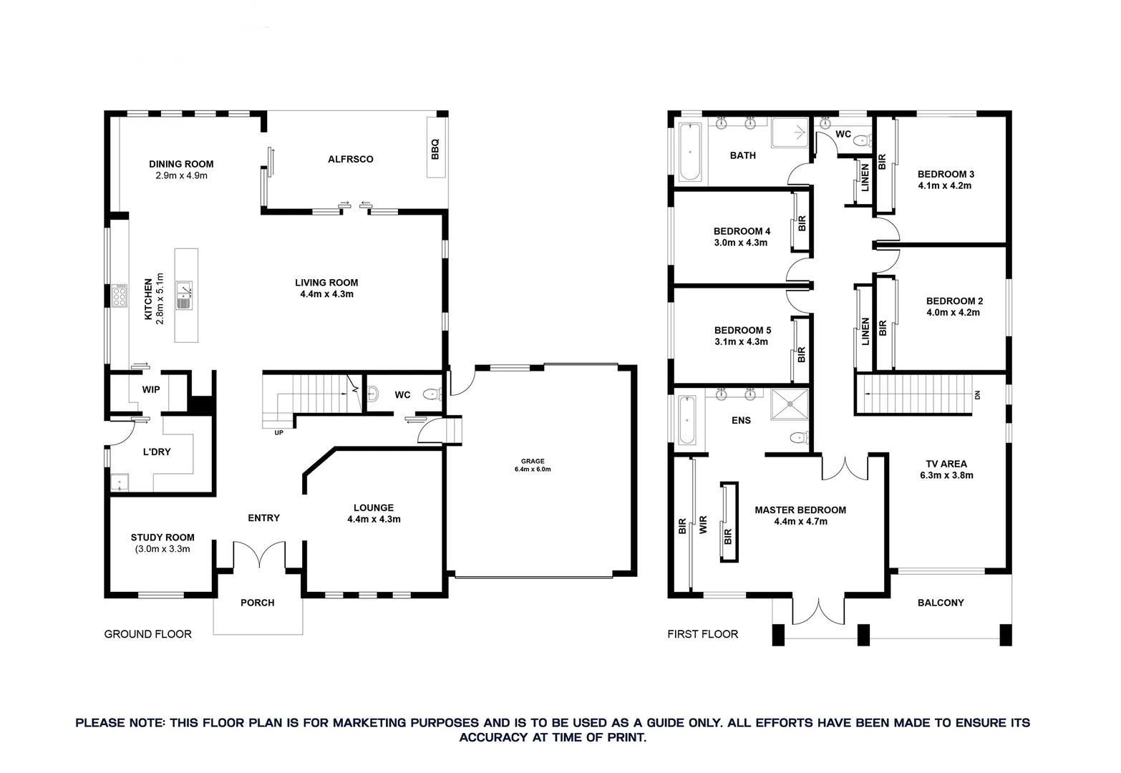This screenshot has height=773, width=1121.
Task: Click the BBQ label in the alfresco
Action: [x=435, y=149]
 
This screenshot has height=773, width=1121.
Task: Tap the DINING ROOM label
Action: [x=181, y=164]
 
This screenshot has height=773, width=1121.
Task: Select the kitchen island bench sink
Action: [x=185, y=294]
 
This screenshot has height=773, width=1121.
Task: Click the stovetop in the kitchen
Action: [x=120, y=295]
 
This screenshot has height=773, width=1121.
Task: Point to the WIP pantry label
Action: [x=151, y=389]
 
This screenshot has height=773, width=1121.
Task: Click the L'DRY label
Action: [x=157, y=452]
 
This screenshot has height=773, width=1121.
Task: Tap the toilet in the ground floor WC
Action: [x=432, y=394]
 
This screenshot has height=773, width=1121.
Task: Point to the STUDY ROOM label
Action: [x=162, y=538]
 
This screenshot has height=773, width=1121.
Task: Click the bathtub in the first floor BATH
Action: [x=689, y=152]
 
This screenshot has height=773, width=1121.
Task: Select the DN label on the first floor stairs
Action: [x=976, y=395]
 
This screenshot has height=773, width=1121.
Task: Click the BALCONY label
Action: [x=941, y=603]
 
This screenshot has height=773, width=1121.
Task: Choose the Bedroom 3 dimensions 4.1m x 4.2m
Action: [x=945, y=185]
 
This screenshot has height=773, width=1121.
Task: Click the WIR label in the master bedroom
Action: [x=702, y=526]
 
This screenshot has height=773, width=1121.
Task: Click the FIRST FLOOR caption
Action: [x=702, y=634]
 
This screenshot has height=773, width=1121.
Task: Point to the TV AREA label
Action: [x=946, y=464]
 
